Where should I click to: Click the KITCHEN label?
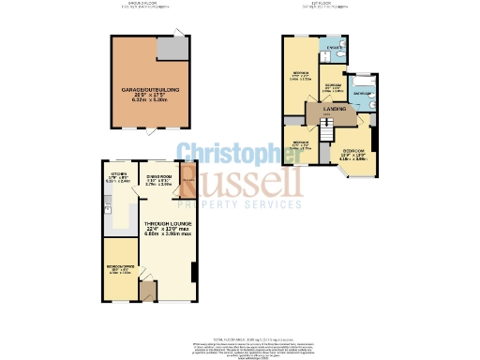click(x=118, y=174)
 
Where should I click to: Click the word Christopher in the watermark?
click(x=240, y=154)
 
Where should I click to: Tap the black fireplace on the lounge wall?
click(x=193, y=271)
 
